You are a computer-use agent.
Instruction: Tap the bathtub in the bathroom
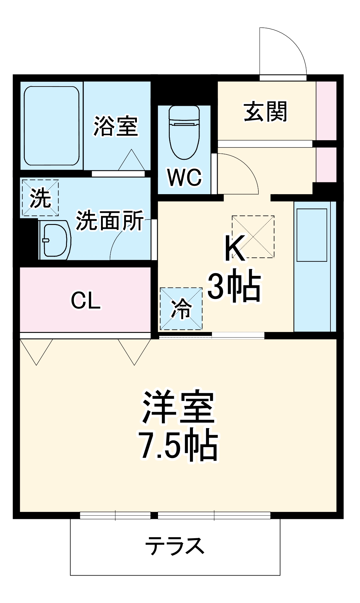click(x=52, y=126)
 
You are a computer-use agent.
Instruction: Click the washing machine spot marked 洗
click(x=40, y=198)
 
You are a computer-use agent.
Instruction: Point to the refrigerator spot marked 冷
click(x=181, y=308)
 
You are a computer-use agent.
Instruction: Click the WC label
click(x=184, y=178)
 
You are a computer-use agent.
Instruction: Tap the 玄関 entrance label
click(x=265, y=112)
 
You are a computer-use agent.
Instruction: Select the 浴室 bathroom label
click(x=116, y=126)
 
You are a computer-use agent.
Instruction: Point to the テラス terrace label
click(x=175, y=546)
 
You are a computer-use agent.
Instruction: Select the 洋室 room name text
click(x=178, y=407)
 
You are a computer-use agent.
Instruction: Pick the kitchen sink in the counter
click(x=312, y=235)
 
